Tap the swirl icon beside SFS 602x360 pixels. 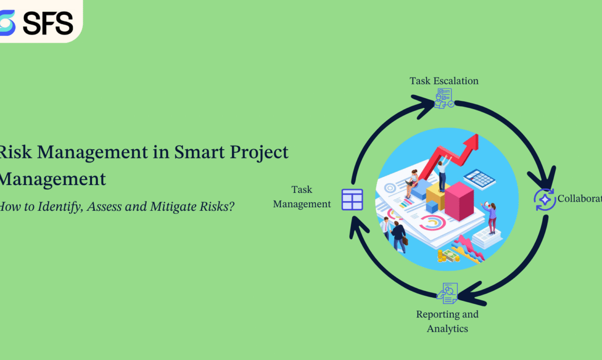(7, 23)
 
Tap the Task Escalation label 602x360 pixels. (444, 81)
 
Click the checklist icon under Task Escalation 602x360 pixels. (444, 98)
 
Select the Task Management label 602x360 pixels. (302, 197)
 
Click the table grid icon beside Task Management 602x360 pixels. (352, 200)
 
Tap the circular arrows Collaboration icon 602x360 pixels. (544, 200)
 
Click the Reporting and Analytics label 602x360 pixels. (447, 321)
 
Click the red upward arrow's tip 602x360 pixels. (474, 138)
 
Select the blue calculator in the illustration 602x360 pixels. (479, 179)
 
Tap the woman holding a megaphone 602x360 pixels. (490, 216)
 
